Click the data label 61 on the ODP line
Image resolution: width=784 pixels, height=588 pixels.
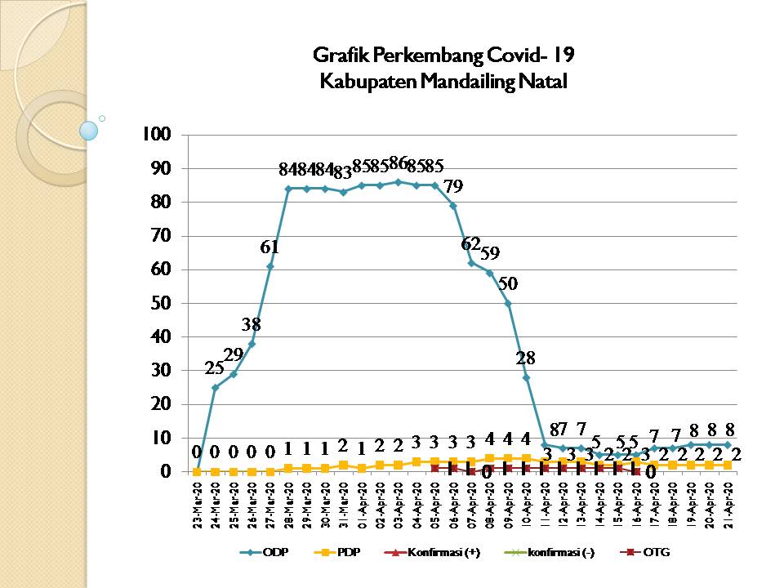click(269, 247)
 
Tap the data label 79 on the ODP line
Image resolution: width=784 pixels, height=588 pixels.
click(452, 187)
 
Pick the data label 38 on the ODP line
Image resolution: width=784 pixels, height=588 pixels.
click(252, 324)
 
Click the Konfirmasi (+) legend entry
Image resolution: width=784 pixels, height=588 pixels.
click(436, 553)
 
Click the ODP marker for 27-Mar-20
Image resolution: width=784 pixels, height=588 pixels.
click(270, 266)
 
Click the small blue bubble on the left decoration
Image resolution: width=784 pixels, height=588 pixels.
click(89, 130)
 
